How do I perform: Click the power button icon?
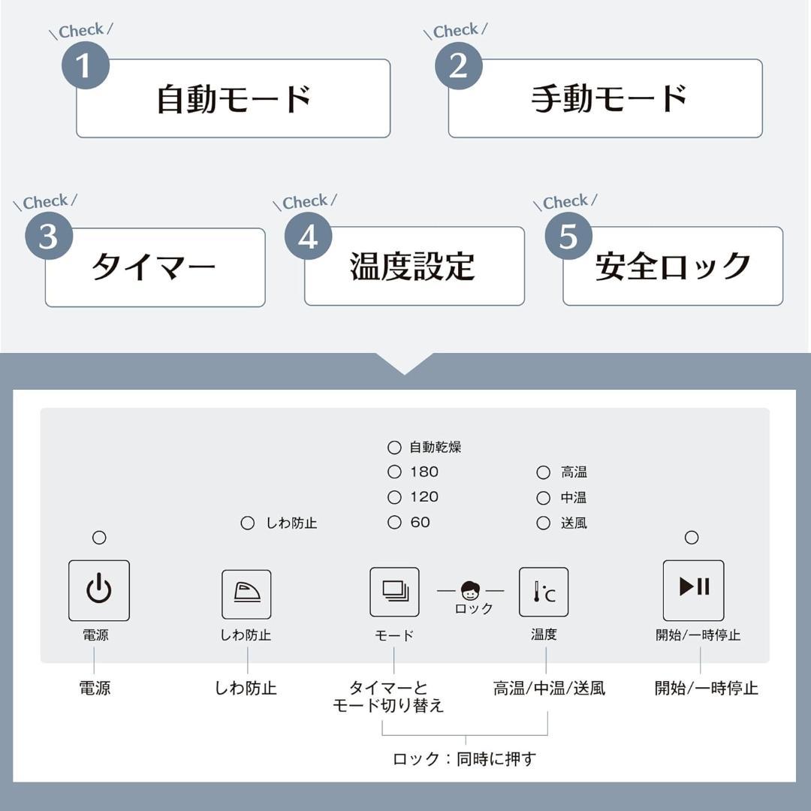(99, 590)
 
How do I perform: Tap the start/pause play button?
(693, 590)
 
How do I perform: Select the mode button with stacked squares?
(394, 592)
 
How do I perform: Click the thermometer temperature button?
(544, 592)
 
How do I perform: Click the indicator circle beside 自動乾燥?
(394, 448)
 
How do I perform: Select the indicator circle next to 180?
(394, 472)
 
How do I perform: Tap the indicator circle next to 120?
(394, 497)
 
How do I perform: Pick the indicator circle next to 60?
(394, 523)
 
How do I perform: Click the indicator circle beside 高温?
(543, 473)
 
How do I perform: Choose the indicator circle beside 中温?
(543, 498)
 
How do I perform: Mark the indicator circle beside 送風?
(543, 523)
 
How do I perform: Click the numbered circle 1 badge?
(85, 66)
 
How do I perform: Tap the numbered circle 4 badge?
(308, 237)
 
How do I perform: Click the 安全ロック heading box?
(673, 267)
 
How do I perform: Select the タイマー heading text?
(154, 267)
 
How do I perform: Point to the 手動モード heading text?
(608, 98)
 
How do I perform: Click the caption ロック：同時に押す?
(464, 759)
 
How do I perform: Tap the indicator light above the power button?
(99, 538)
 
